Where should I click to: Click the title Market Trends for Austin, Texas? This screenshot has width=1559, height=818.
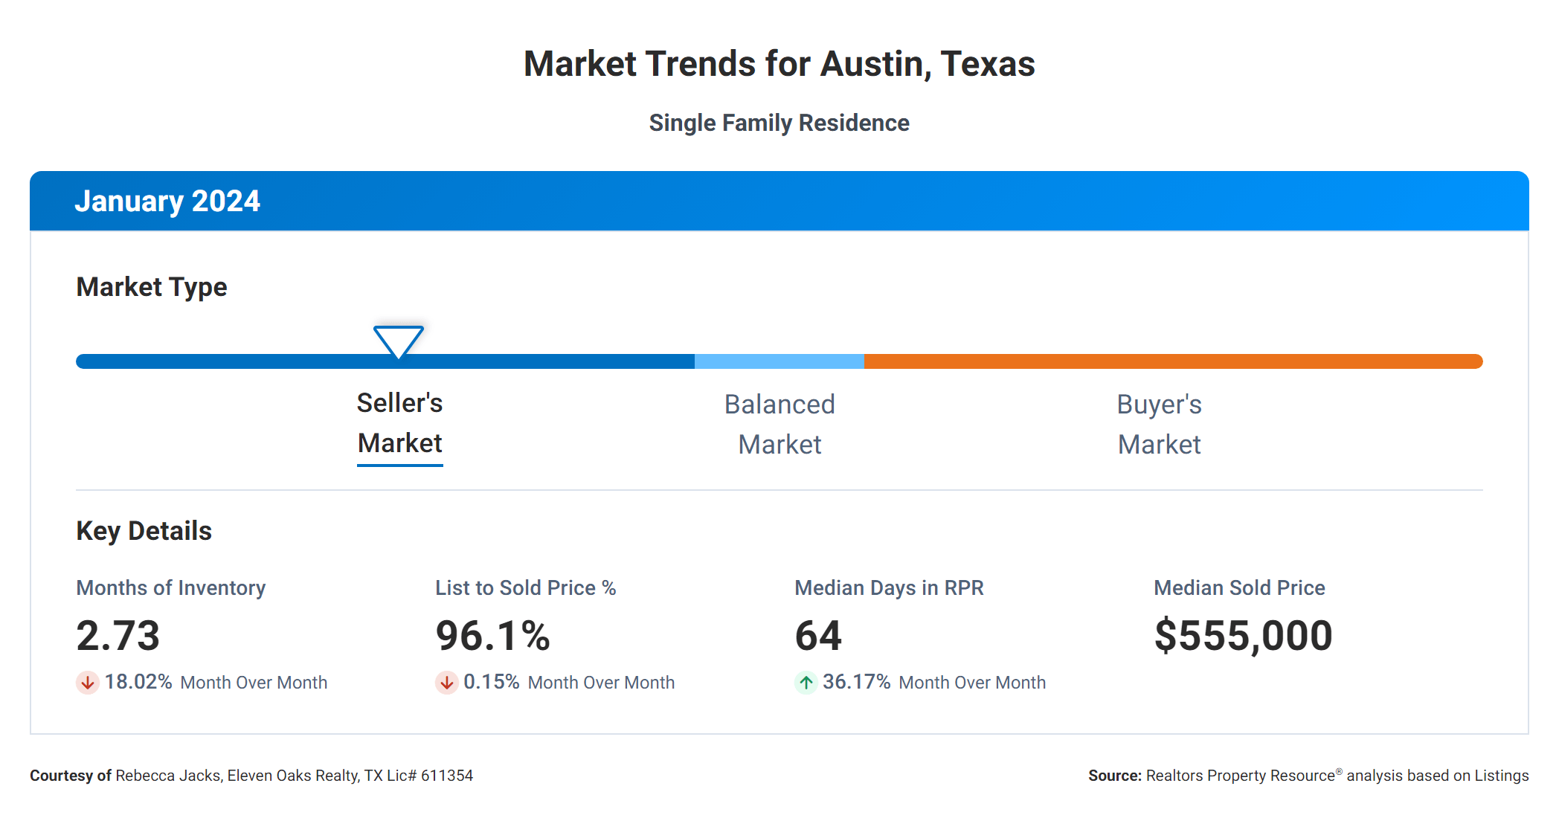(779, 64)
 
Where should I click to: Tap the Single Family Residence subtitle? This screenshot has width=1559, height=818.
(779, 123)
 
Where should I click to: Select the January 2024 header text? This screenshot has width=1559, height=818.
(167, 201)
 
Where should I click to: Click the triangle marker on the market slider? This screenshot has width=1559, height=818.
(399, 341)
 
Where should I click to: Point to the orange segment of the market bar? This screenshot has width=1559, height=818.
(1172, 361)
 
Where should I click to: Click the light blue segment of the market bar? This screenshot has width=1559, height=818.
(779, 361)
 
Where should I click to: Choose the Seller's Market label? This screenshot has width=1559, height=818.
(400, 423)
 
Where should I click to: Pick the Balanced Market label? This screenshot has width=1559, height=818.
(779, 425)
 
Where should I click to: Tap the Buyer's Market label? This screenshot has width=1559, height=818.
(1159, 425)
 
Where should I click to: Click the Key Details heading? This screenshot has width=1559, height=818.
(144, 531)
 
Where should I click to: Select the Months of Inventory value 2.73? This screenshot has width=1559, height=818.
(118, 636)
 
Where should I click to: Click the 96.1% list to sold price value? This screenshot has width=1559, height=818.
(492, 636)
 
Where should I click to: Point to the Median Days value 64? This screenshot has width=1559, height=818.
(818, 636)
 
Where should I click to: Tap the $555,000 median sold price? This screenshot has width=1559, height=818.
(1243, 636)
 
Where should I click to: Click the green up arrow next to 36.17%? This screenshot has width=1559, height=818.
(806, 682)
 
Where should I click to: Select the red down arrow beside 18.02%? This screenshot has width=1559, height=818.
(87, 682)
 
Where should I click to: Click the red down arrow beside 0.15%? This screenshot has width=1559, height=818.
(446, 682)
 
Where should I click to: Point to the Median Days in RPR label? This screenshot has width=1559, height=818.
(889, 587)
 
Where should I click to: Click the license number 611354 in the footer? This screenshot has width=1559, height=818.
(447, 776)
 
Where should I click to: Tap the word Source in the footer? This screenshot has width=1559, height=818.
(1114, 776)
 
